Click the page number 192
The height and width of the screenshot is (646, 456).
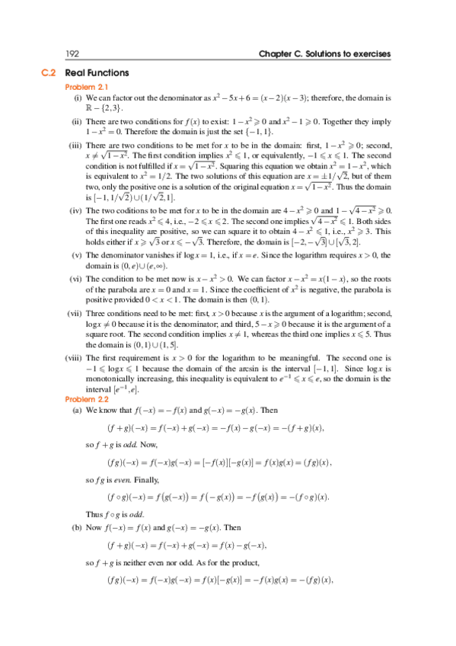pos(73,54)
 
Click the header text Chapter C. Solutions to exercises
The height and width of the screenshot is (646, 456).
pos(325,54)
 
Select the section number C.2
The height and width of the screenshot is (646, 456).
pos(49,73)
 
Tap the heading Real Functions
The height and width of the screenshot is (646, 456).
pos(97,73)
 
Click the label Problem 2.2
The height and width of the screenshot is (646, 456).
pos(88,398)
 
